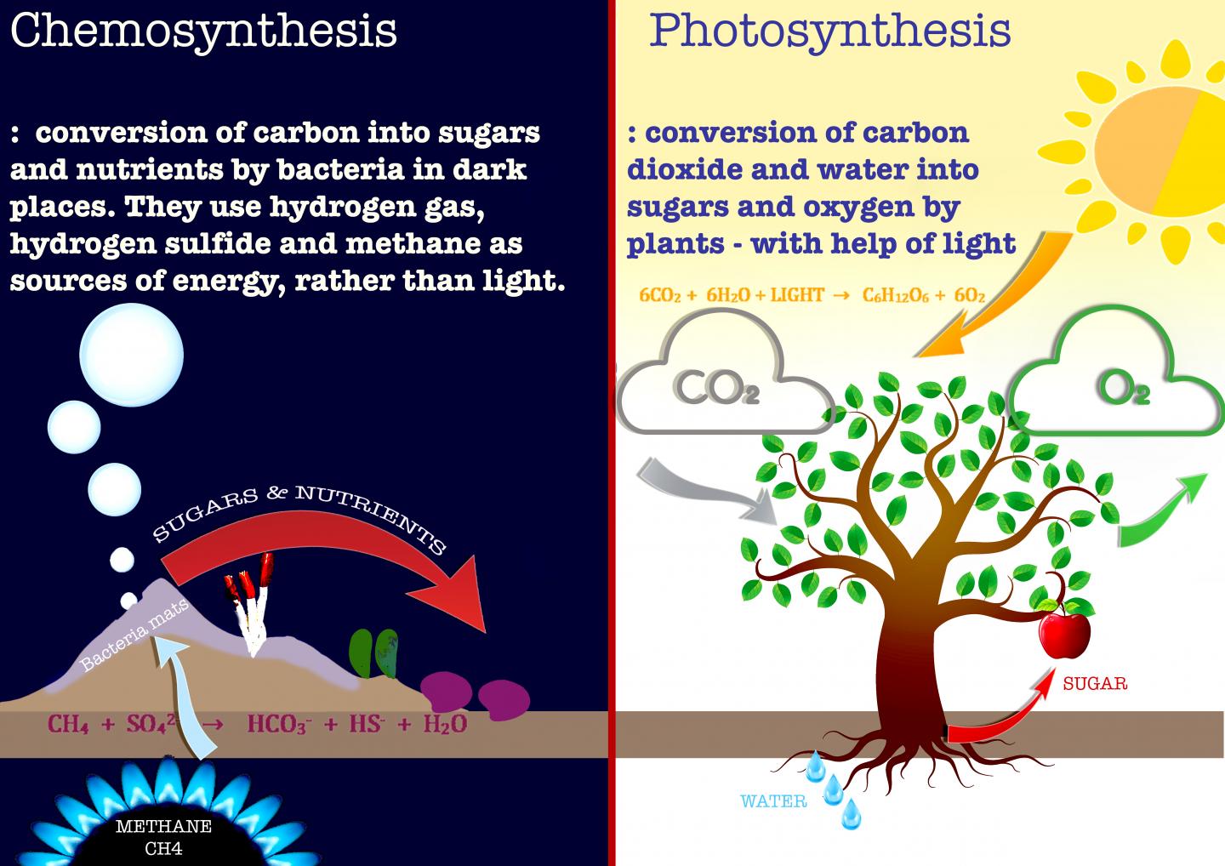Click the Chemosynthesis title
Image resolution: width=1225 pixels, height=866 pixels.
tap(203, 30)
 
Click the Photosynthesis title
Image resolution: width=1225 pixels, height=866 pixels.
tap(829, 30)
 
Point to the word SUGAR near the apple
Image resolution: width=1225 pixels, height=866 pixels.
tap(1095, 683)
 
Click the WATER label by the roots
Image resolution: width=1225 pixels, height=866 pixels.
tap(773, 801)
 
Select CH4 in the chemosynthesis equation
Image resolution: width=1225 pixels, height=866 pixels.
tap(68, 725)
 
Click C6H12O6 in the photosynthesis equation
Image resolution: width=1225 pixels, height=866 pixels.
tap(896, 296)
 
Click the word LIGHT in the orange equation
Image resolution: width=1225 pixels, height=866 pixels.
tap(797, 295)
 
